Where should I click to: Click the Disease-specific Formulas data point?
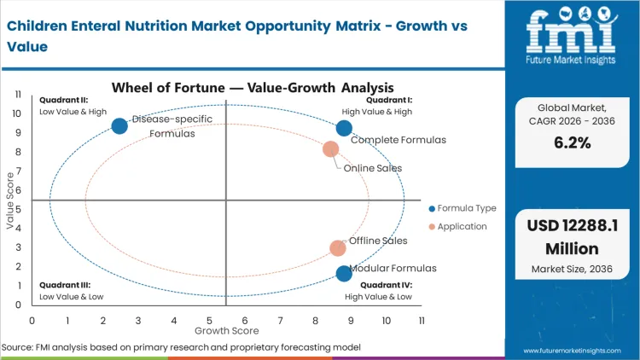[119, 126]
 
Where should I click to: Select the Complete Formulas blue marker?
[344, 128]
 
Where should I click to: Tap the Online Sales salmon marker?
[331, 149]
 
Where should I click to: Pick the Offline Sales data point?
[338, 248]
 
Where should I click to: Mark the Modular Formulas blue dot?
[344, 274]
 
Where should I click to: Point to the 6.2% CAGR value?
[571, 142]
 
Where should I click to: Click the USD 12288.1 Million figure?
[571, 238]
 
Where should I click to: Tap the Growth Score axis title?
[225, 329]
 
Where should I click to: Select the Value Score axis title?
[11, 200]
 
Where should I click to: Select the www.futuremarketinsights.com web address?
[571, 351]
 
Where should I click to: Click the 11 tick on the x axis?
[422, 320]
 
